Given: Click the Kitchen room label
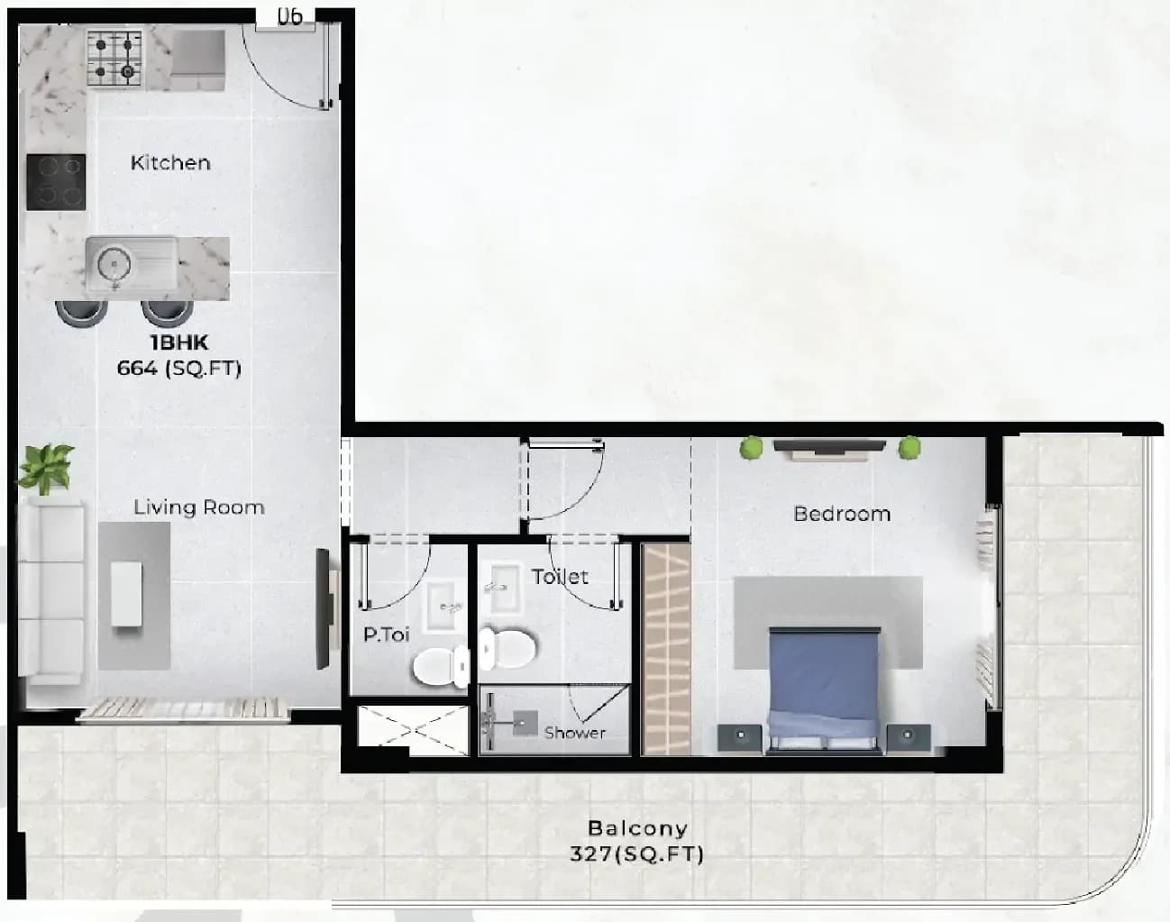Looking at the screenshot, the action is pos(170,162).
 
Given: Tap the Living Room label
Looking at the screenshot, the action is pos(199,507).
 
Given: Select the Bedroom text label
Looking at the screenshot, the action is pos(842,514).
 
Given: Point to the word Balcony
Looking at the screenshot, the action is pos(638,828).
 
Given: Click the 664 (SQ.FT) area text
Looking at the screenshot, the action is pos(178,368).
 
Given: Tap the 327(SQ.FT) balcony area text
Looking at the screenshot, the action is pos(636,854).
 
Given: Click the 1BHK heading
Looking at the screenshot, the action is pos(178,342).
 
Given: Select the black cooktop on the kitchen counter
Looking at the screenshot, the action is pos(56,182).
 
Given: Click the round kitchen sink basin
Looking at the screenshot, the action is pos(114,265).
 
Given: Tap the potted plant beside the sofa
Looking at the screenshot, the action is pos(46,469).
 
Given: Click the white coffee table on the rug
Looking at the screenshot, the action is pos(127,594).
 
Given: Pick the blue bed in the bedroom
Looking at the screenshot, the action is pos(824,690).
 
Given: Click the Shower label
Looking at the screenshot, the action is pos(575,733).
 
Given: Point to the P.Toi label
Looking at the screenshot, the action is pos(386,634).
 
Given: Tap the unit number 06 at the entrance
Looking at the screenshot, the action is pos(289,16).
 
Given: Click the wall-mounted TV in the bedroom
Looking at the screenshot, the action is pos(829,446).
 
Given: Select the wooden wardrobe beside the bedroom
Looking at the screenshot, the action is pos(666,649).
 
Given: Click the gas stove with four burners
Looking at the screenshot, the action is pos(114,59).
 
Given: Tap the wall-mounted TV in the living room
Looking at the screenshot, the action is pos(323,609).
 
